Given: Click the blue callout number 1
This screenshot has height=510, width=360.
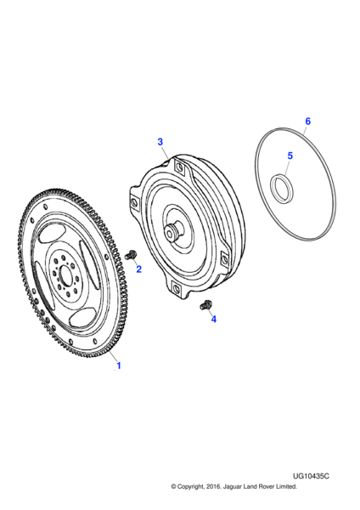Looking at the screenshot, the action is [119, 365].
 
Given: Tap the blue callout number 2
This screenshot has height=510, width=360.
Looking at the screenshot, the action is [138, 269].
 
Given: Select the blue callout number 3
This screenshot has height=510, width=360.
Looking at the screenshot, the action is [160, 142].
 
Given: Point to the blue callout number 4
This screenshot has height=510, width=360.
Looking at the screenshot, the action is [213, 319].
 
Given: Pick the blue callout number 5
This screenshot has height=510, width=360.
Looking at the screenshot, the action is [290, 156].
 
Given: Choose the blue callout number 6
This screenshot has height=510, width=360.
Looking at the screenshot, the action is [307, 122].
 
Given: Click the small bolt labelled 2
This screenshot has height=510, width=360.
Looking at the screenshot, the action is [131, 255].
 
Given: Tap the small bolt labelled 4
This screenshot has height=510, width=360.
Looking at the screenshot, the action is [205, 305].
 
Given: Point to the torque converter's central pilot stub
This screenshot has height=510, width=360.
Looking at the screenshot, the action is [172, 232].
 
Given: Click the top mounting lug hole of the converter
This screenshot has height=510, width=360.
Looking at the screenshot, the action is [179, 167].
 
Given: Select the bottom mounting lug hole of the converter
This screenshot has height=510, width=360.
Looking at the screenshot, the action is [176, 288].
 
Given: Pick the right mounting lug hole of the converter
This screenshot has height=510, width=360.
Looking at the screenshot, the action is [224, 259].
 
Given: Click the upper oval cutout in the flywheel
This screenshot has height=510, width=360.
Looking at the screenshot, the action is [51, 234].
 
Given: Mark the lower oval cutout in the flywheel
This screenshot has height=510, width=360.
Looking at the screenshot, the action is [83, 317].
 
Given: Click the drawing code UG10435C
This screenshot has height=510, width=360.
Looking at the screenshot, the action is [311, 476].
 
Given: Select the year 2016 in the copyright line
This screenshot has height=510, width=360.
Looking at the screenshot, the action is [214, 486].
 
